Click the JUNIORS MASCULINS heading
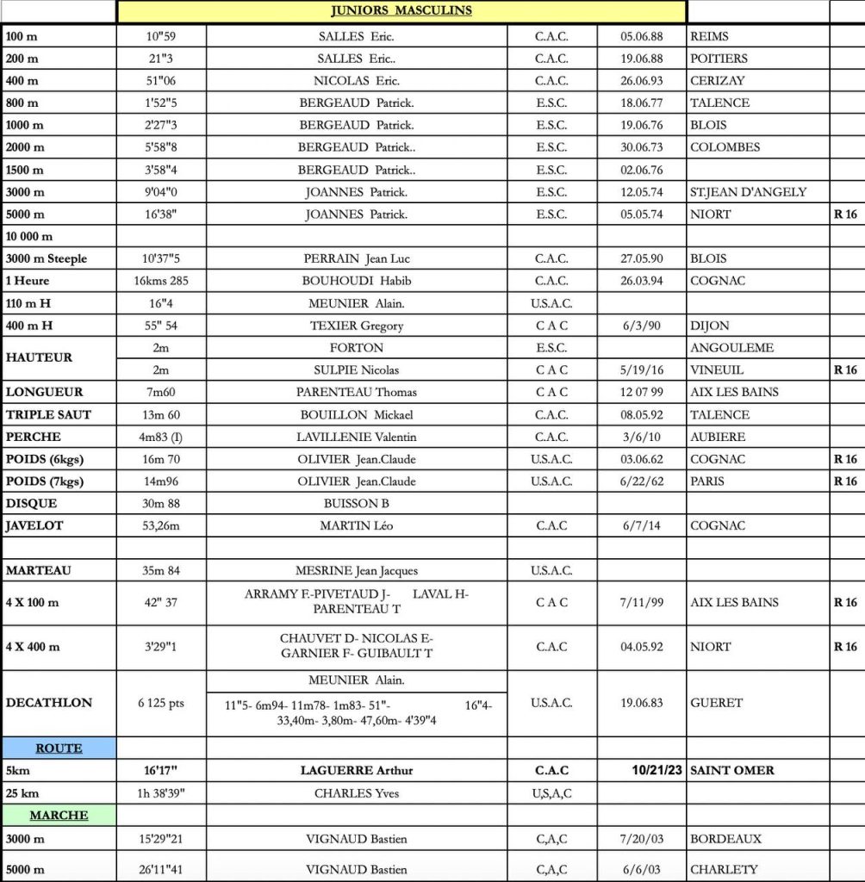401,11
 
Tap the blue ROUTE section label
59,748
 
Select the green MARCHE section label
59,815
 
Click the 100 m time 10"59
161,36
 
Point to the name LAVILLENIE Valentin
357,437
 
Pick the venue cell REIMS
709,36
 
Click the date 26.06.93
642,81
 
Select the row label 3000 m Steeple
47,258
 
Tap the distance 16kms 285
161,281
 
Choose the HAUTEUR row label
40,357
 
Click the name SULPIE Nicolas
357,370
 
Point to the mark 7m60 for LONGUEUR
161,392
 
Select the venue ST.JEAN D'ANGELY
748,192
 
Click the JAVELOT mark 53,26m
161,525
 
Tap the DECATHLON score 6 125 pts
161,703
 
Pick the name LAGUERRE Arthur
357,771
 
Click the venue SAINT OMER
732,771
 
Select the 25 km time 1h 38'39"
161,793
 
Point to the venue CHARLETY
724,870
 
